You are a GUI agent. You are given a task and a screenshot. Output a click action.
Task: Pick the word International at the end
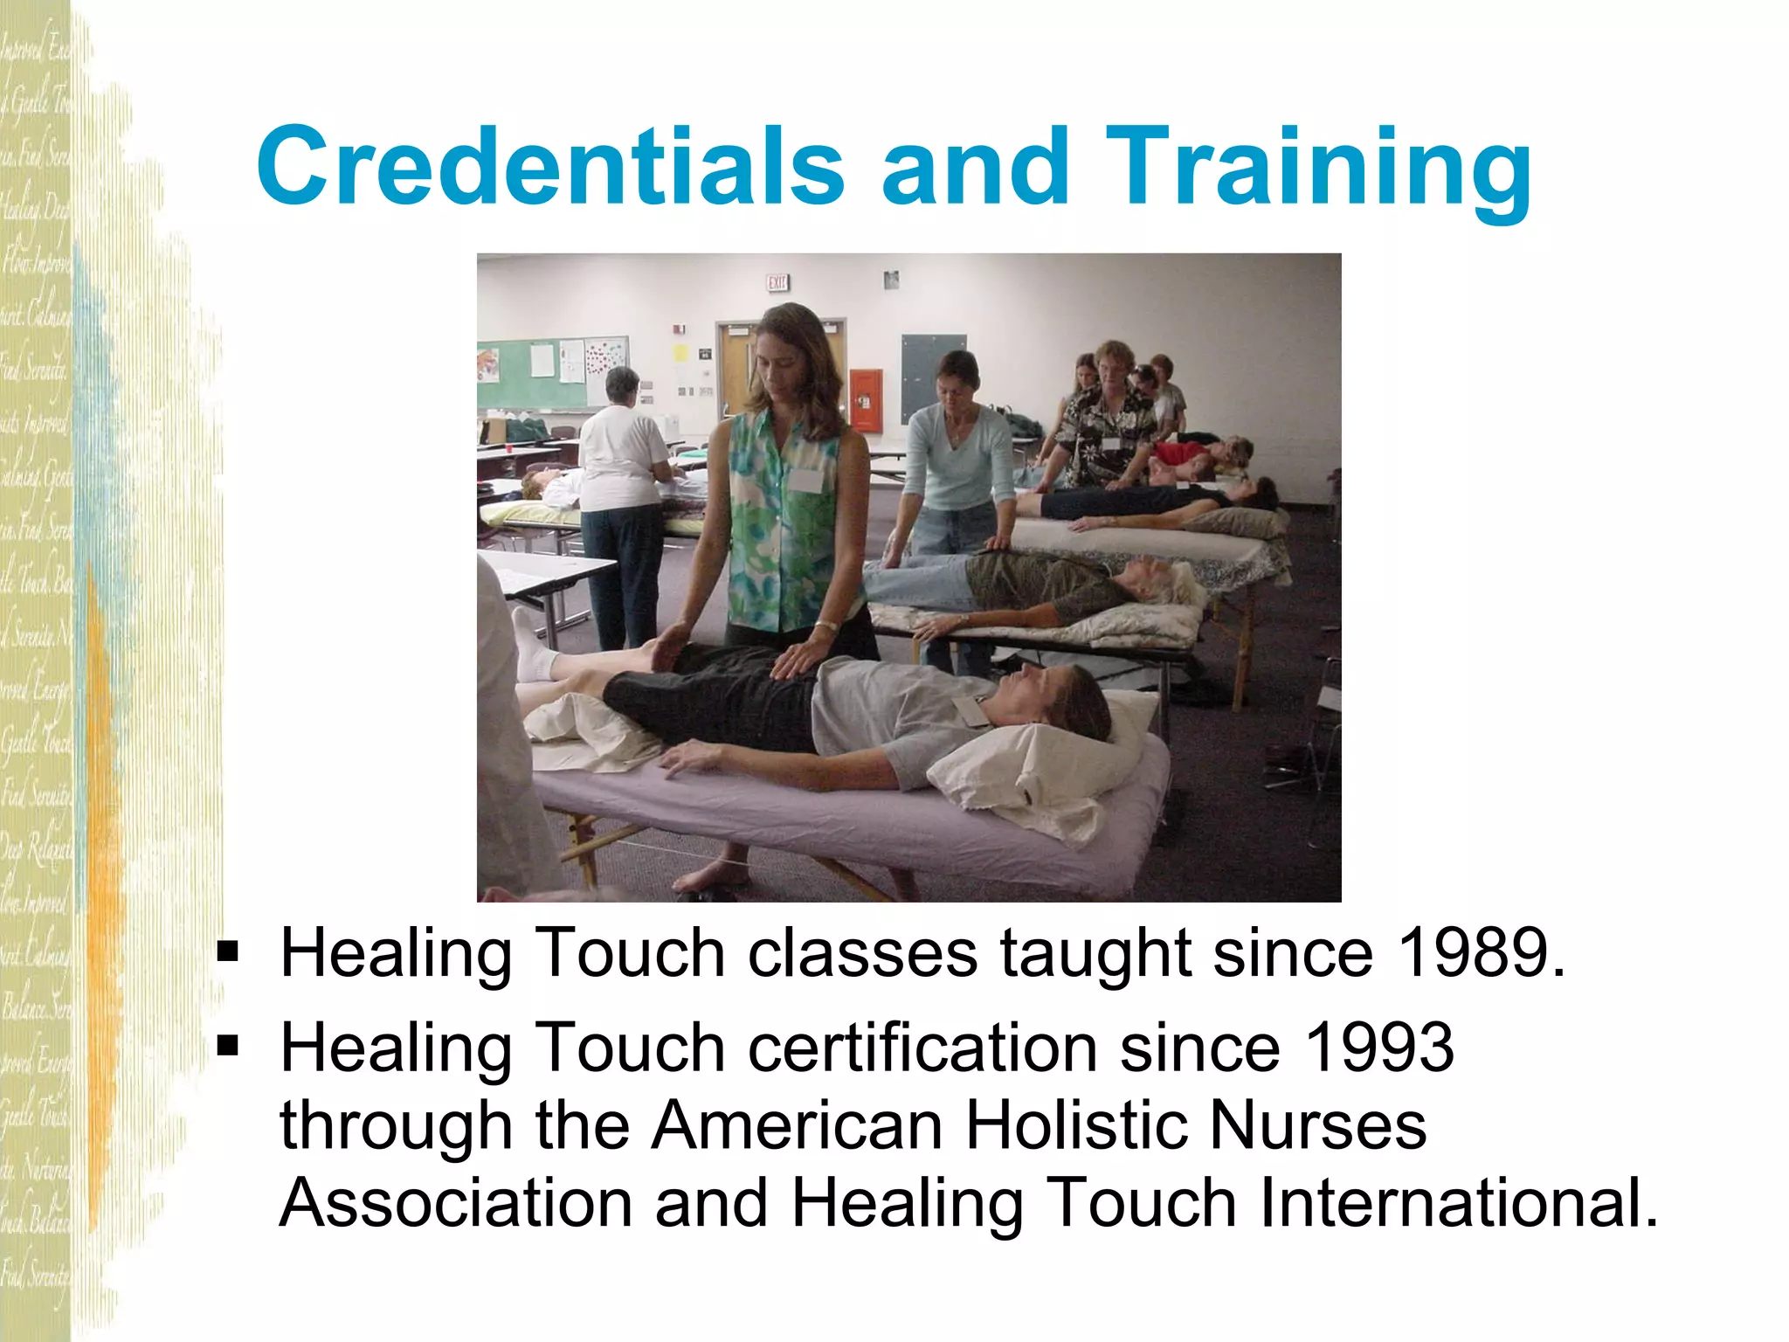tap(1450, 1203)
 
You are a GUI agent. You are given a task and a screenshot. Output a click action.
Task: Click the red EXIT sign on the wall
tap(777, 282)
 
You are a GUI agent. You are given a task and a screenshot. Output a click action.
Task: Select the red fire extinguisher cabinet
tap(866, 400)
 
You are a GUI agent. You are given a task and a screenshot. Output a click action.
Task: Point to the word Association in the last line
tap(456, 1203)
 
